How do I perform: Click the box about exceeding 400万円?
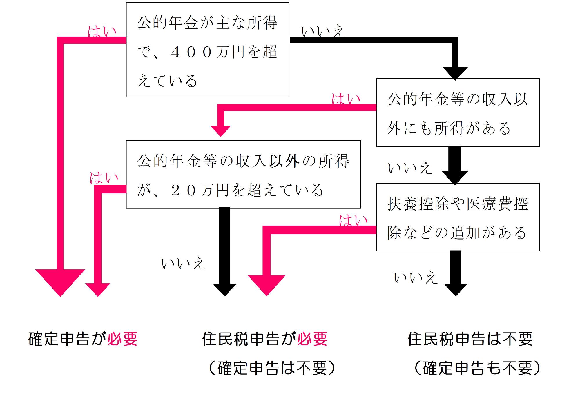point(207,49)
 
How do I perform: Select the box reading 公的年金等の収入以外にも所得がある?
point(458,113)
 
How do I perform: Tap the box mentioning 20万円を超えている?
point(243,174)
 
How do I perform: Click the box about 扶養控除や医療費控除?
point(458,217)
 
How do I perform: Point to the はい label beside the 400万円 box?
point(102,31)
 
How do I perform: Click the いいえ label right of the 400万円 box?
point(322,31)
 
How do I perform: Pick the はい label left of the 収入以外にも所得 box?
point(346,99)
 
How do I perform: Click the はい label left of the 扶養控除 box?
point(353,220)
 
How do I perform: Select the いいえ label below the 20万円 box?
point(183,264)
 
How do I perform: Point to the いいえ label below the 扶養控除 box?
point(415,277)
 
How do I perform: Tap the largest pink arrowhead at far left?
point(60,281)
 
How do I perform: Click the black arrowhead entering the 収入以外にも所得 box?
point(455,72)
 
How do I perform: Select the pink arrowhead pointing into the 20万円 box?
point(221,131)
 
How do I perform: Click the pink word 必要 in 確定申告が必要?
point(122,339)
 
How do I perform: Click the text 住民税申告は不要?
point(470,339)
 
